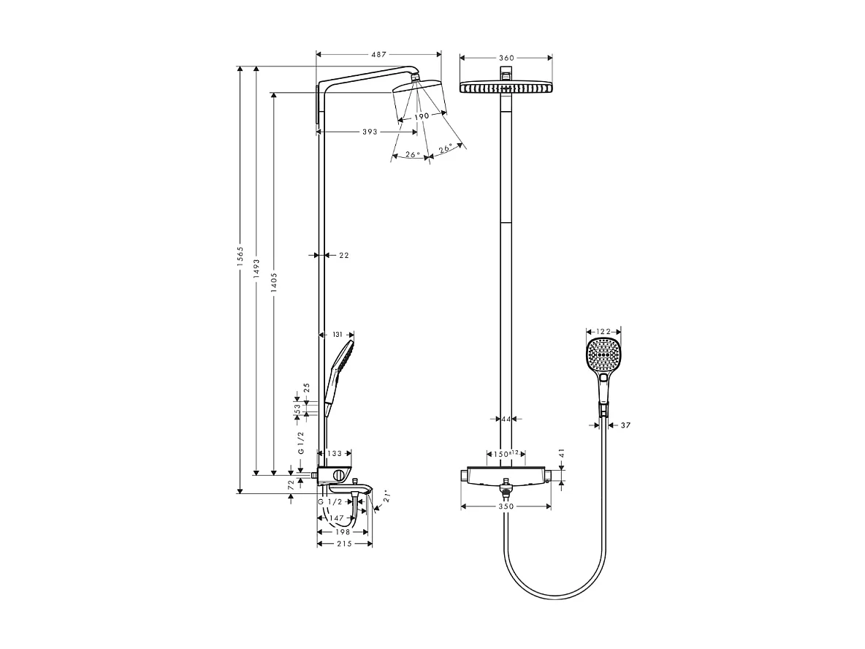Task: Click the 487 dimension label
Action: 378,54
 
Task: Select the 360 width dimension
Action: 506,58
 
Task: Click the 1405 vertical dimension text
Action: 273,281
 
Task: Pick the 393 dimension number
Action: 370,132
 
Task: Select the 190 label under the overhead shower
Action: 422,117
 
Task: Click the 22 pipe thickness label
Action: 344,256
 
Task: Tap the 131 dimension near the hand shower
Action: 338,334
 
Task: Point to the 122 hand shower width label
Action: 603,332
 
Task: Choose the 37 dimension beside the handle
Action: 625,425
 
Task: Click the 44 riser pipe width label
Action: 506,419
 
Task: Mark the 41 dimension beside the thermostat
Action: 561,454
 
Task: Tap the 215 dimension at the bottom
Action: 344,544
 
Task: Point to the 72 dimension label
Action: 291,484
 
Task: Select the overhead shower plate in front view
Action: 506,88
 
